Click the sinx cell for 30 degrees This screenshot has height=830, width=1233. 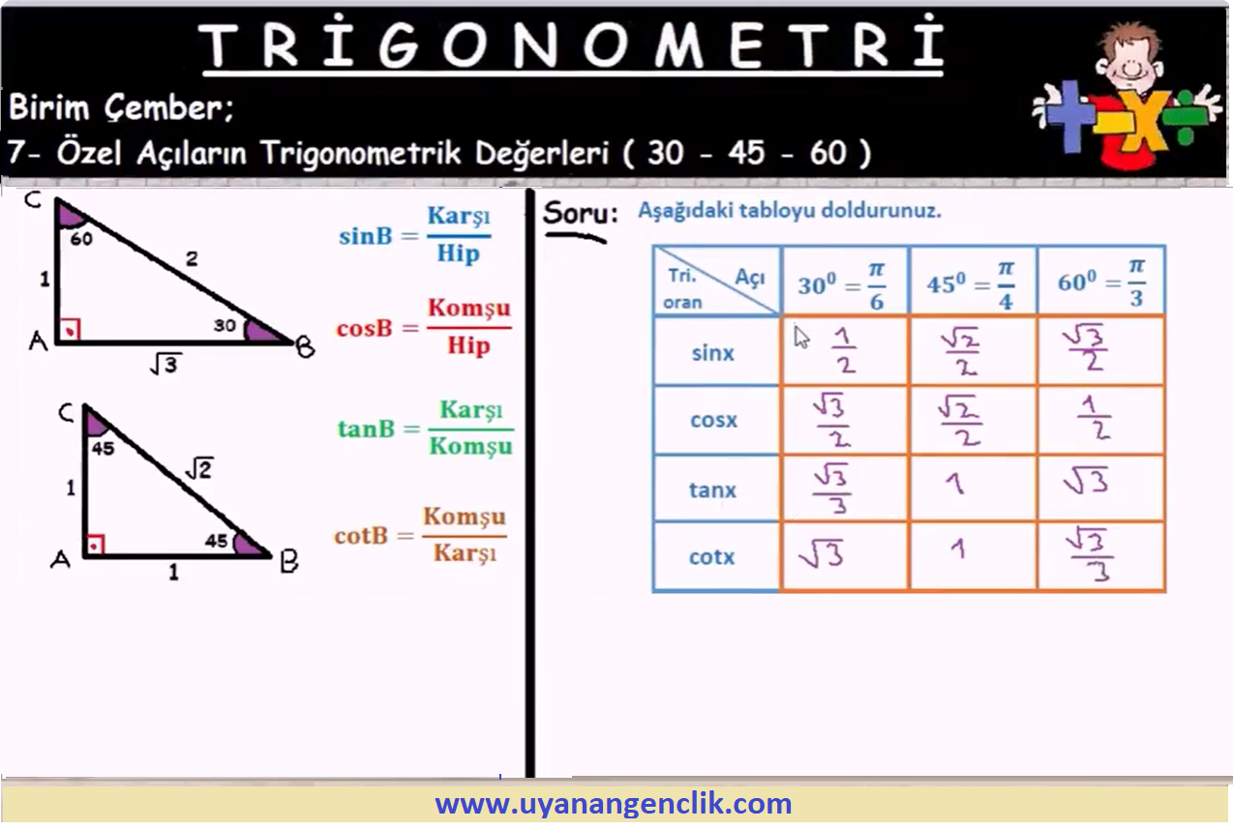844,350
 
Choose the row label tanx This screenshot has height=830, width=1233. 713,489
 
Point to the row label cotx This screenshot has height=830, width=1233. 711,557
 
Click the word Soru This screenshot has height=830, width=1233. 580,213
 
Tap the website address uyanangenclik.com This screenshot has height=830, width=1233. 614,804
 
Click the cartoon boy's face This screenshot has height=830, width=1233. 1128,61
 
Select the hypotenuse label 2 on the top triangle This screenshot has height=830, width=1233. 192,258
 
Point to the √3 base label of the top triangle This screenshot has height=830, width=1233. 165,364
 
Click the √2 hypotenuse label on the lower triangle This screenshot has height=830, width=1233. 198,468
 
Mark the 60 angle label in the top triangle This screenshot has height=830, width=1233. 81,239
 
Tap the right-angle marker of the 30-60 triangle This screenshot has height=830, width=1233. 70,330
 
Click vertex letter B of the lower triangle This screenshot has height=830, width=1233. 288,561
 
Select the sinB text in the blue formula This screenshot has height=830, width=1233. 366,236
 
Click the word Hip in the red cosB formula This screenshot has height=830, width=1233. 468,345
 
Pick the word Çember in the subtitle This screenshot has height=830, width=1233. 168,107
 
